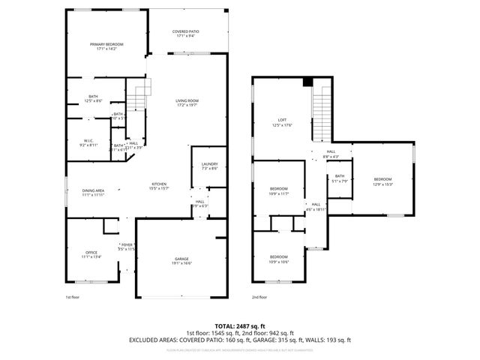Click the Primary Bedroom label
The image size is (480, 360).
(x=106, y=47)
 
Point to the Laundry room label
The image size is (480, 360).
(x=209, y=166)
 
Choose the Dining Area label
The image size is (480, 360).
(x=93, y=193)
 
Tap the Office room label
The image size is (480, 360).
(x=91, y=254)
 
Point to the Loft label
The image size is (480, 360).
(x=282, y=121)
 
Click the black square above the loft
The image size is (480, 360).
(x=307, y=82)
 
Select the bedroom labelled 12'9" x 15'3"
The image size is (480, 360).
(x=382, y=181)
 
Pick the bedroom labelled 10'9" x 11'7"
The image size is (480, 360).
(x=278, y=190)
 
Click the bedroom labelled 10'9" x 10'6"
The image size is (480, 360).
(x=278, y=259)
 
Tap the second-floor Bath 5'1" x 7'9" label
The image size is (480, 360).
(x=340, y=178)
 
